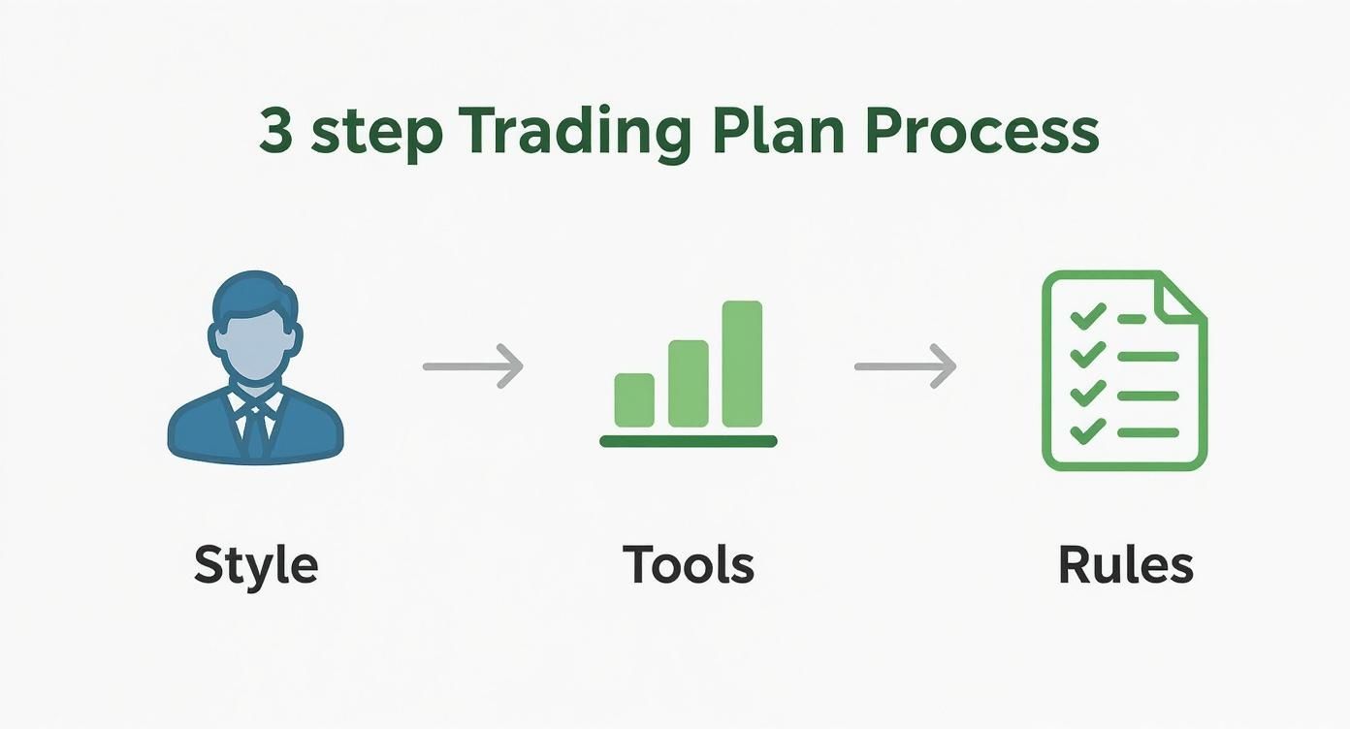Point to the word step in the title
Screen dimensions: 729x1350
tap(376, 134)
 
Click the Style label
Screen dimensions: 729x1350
tap(256, 564)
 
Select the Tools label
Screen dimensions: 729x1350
tap(688, 564)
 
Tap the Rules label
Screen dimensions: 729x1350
tap(1125, 564)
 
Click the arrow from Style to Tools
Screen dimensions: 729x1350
tap(473, 365)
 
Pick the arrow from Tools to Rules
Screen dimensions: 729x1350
tap(905, 365)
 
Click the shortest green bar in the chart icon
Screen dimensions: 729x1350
tap(634, 399)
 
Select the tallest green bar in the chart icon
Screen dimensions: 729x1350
tap(742, 364)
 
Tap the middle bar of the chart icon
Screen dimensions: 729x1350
tap(688, 383)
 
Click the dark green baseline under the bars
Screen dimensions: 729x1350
tap(688, 441)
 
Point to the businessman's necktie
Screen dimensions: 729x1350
tap(255, 427)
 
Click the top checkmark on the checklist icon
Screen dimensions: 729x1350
tap(1087, 316)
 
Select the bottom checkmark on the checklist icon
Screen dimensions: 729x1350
tap(1087, 429)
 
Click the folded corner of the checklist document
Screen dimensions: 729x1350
tap(1182, 297)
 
